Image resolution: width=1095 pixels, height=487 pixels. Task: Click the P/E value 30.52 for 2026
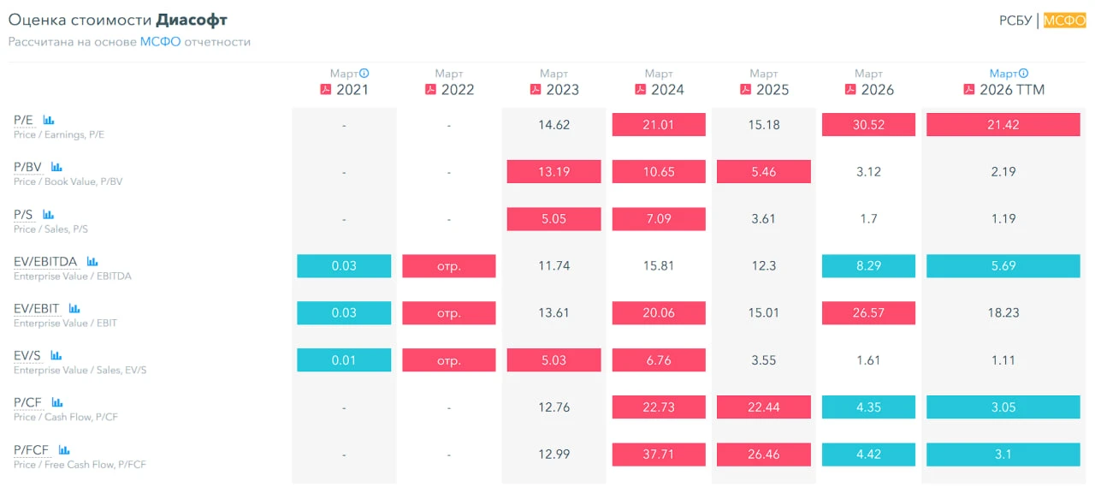[868, 125]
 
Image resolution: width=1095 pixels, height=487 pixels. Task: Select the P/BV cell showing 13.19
[553, 172]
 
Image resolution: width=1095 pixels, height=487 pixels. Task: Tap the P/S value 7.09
[659, 218]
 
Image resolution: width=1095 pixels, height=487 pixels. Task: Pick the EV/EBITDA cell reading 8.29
[868, 265]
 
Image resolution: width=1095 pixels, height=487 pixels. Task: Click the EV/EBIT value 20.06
[659, 312]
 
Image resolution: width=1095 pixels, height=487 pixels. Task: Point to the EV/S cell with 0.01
[344, 359]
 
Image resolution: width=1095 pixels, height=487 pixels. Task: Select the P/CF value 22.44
[764, 407]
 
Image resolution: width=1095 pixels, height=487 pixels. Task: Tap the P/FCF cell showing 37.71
[659, 454]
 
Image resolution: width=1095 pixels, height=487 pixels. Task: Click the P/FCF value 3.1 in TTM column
[1003, 454]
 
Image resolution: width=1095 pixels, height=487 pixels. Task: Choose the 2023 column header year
[562, 90]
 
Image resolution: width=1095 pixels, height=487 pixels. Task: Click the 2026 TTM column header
[1012, 90]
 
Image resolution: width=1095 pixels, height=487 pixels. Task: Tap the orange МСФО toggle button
[1064, 21]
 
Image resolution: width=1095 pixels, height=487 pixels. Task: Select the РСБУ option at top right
[1015, 21]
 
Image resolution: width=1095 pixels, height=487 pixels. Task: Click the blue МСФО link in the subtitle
[160, 42]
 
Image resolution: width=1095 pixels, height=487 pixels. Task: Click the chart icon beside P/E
[49, 120]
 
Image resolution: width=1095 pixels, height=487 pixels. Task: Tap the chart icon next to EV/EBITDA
[92, 262]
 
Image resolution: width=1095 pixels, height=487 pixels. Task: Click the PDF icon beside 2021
[326, 90]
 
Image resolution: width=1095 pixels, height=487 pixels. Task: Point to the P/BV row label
[27, 167]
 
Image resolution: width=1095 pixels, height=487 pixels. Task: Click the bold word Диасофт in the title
[192, 20]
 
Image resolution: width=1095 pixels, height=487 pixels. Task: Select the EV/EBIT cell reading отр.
[449, 312]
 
